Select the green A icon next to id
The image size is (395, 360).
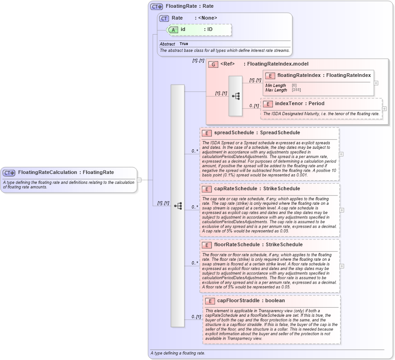pyautogui.click(x=173, y=30)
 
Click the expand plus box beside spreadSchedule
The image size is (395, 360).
pyautogui.click(x=341, y=154)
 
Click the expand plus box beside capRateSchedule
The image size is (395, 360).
pyautogui.click(x=341, y=210)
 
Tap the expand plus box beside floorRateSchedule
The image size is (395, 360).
pyautogui.click(x=341, y=266)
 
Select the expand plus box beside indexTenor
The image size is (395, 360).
pyautogui.click(x=384, y=109)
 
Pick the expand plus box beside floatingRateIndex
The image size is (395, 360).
pyautogui.click(x=376, y=83)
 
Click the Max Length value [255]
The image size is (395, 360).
pyautogui.click(x=296, y=90)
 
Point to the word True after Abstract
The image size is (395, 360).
pyautogui.click(x=184, y=44)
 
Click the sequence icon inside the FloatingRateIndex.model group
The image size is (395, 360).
pyautogui.click(x=236, y=96)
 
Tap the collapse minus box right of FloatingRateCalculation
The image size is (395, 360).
pyautogui.click(x=139, y=179)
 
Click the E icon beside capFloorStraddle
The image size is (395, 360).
pyautogui.click(x=210, y=301)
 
